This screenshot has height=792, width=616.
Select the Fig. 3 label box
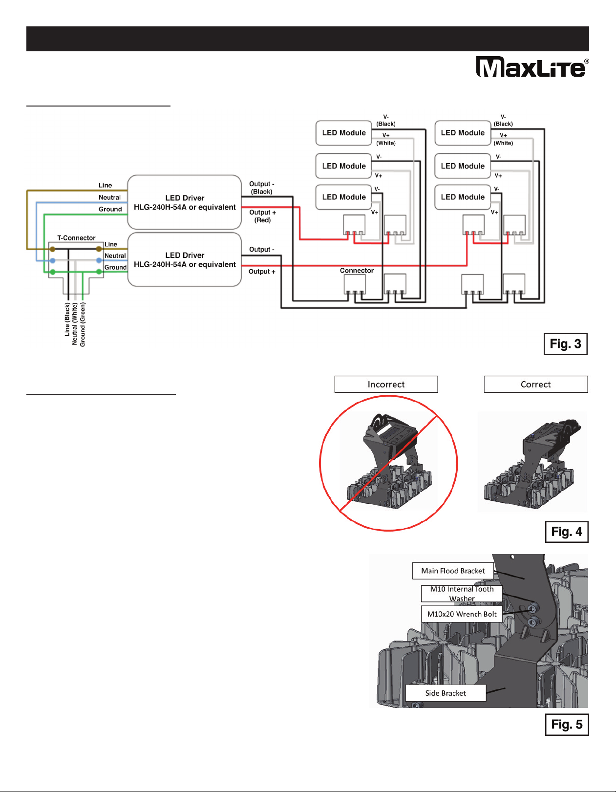(x=565, y=344)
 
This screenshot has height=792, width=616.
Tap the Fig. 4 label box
(x=567, y=532)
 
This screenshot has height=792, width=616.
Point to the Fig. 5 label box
(x=567, y=725)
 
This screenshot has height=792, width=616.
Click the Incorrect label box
(x=386, y=385)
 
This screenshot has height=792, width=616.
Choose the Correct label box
(x=535, y=385)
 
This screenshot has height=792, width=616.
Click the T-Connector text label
(x=76, y=238)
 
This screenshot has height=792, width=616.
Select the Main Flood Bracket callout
(x=453, y=571)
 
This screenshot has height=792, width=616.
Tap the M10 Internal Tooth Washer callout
(x=462, y=594)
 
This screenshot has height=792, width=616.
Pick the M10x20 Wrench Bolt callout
(x=462, y=614)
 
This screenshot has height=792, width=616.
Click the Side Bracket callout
(x=446, y=693)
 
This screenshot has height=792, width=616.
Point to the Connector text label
(x=357, y=271)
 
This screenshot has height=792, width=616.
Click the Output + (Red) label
(x=263, y=216)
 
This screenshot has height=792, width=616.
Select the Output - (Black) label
(x=262, y=188)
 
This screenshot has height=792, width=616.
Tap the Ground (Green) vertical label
(x=83, y=324)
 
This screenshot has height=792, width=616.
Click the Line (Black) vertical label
(x=67, y=319)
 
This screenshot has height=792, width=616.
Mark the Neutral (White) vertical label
(x=75, y=324)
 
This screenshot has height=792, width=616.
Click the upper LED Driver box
(x=185, y=202)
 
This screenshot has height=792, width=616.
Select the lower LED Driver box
(x=185, y=259)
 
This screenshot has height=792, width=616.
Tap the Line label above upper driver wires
(x=105, y=185)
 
